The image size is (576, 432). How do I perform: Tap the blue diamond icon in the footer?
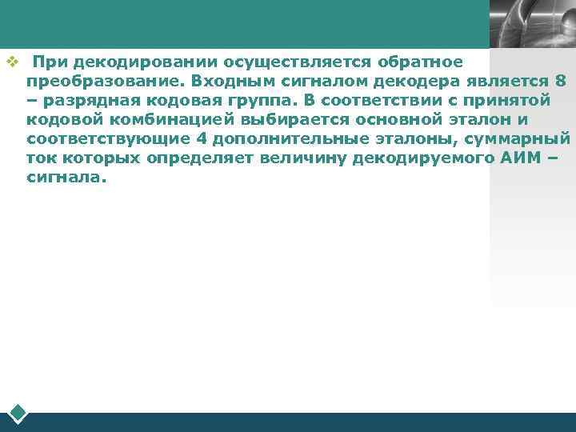tap(18, 414)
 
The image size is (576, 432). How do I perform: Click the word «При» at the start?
tap(50, 62)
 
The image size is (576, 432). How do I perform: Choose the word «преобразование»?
tap(105, 81)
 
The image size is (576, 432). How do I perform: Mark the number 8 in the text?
tap(560, 81)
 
